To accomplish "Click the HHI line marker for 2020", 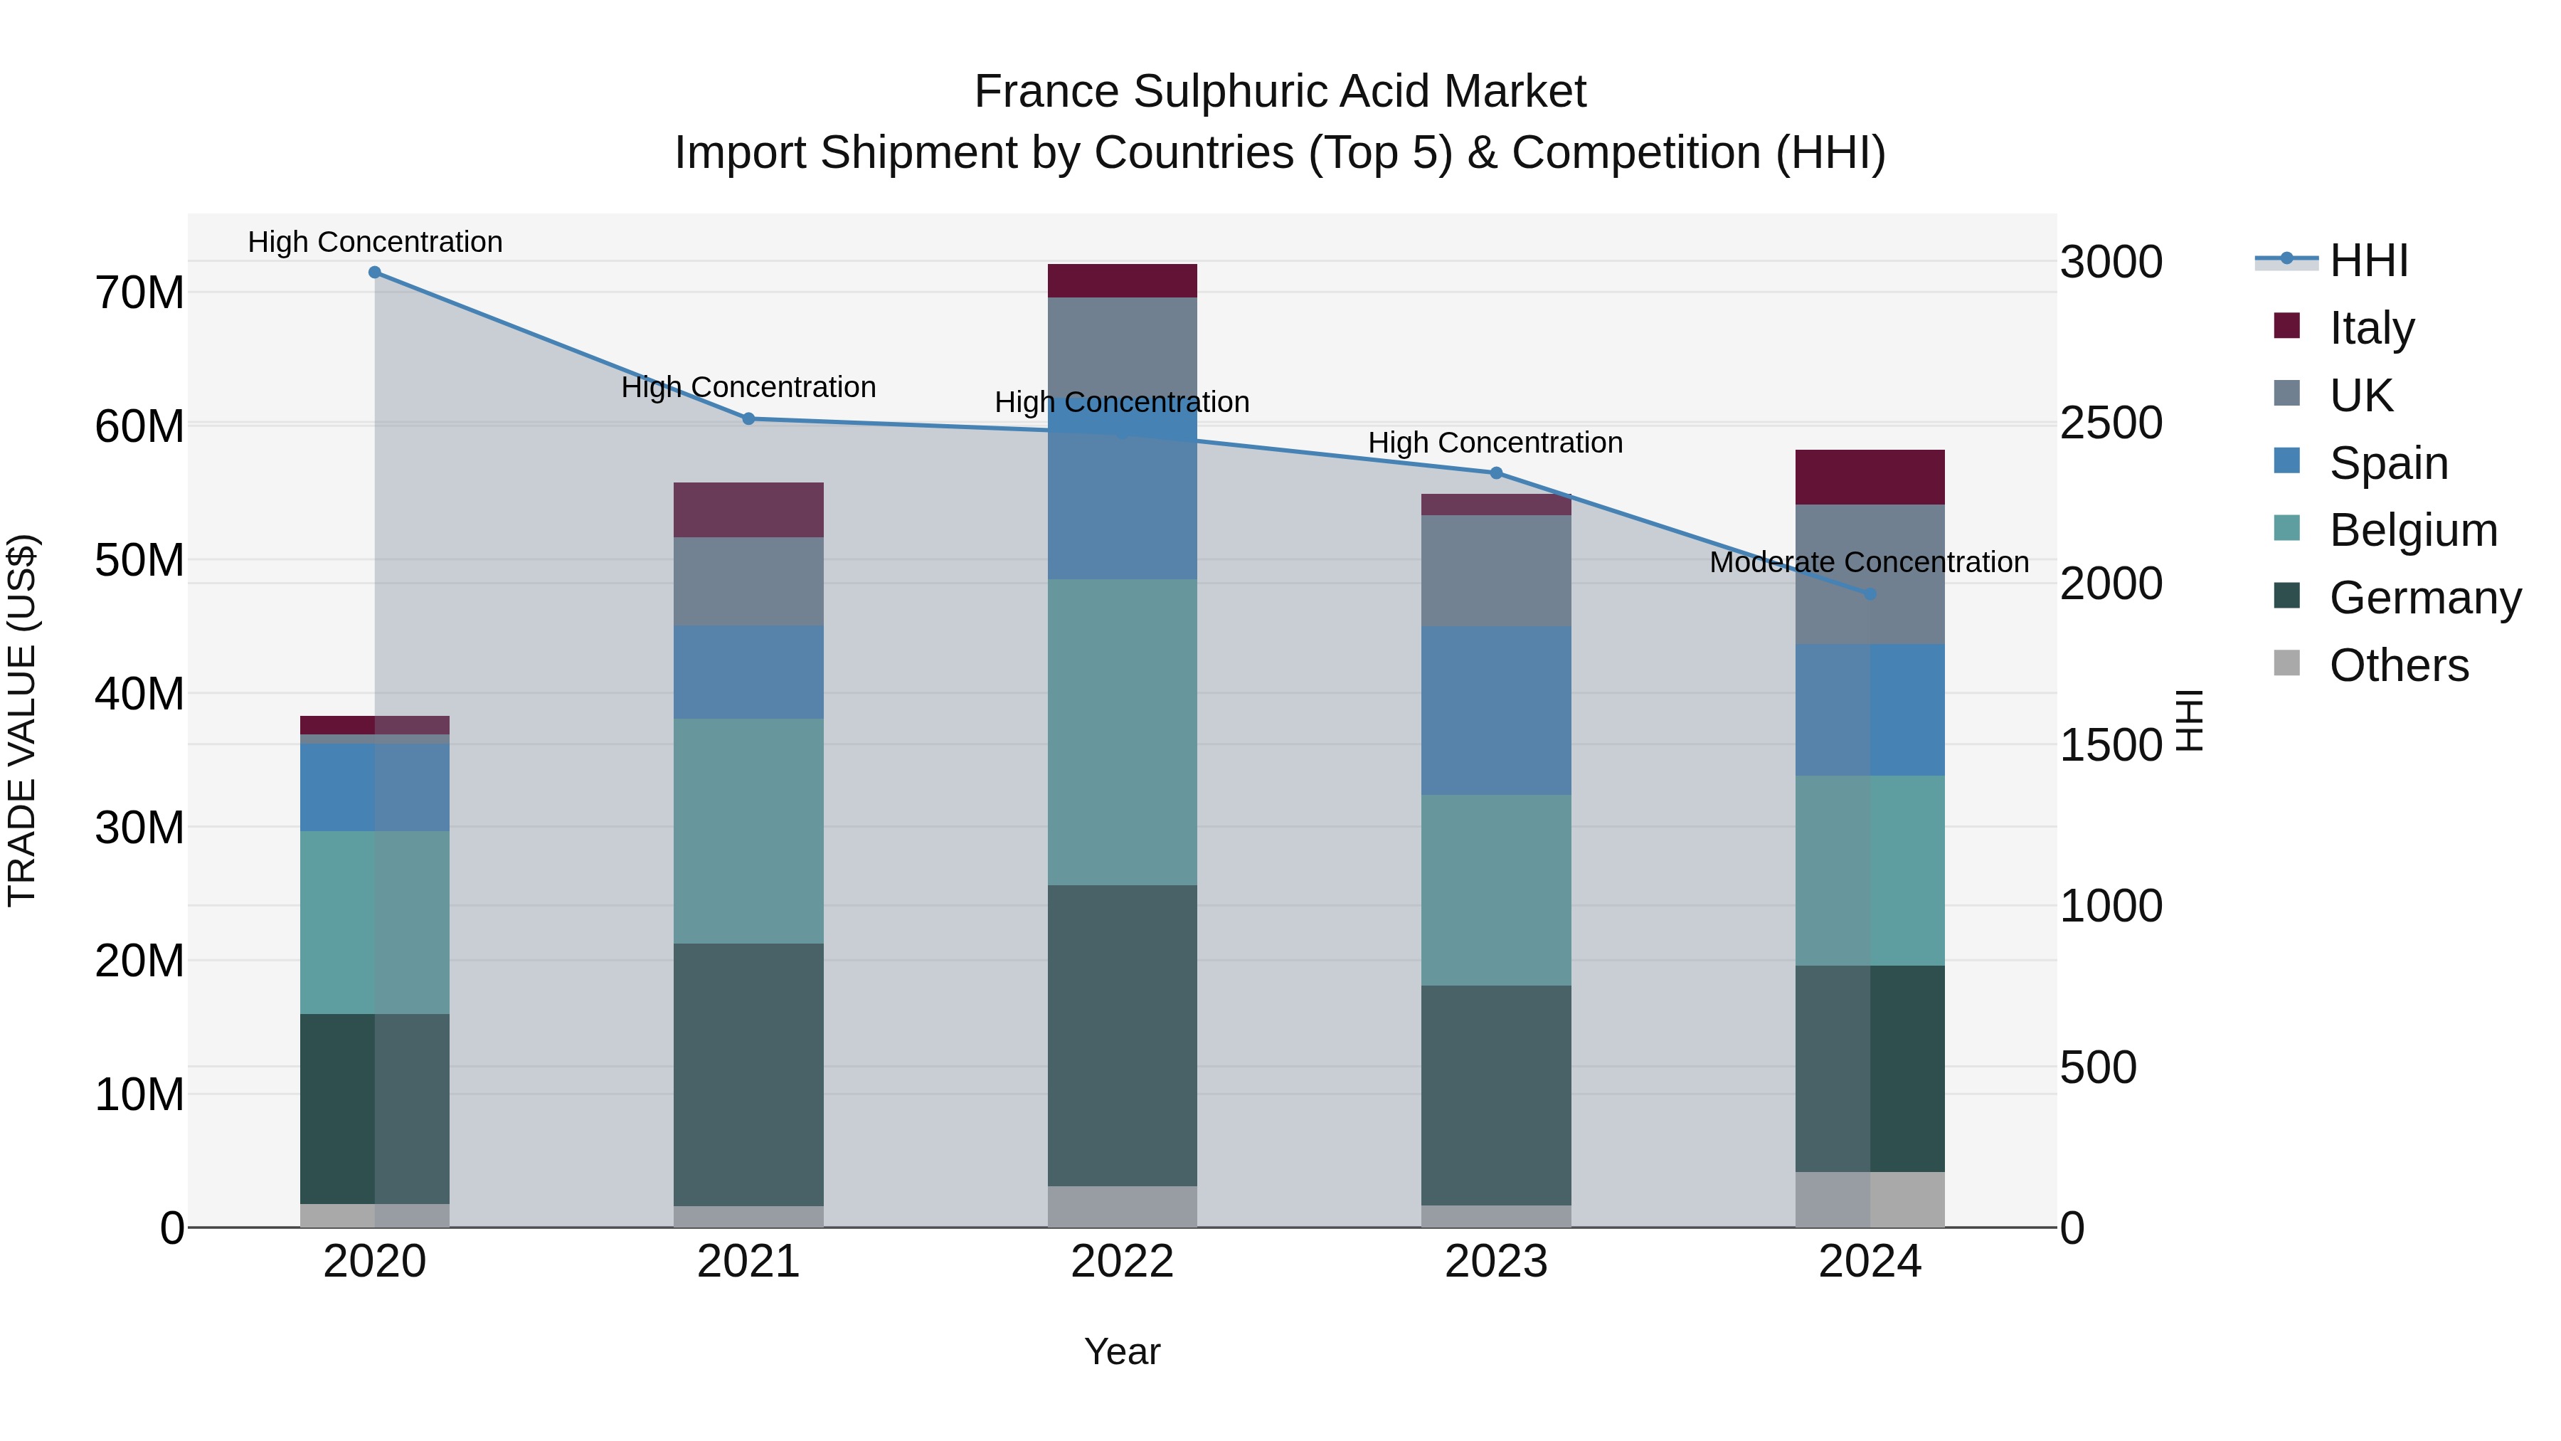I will (375, 273).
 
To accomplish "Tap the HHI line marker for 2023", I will (1495, 473).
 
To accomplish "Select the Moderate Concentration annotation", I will (1868, 562).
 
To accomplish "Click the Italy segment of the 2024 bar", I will (1869, 477).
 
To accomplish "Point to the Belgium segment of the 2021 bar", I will (748, 830).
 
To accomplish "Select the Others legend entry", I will (2398, 665).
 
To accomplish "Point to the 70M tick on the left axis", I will (139, 293).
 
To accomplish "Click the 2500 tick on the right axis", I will (2111, 423).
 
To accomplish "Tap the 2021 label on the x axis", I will (748, 1262).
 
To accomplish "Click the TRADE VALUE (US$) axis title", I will (22, 720).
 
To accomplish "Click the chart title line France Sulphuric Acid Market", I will (1280, 92).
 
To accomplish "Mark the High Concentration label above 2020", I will (375, 242).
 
